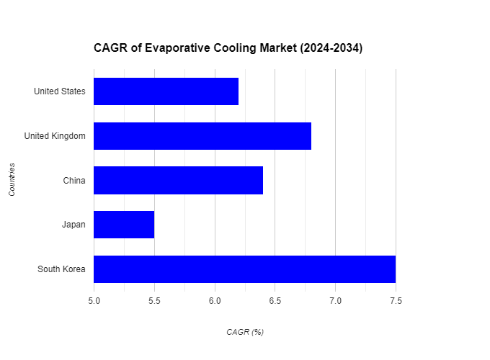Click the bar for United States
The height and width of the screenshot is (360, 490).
pos(166,91)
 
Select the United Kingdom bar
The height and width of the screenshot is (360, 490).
pos(202,136)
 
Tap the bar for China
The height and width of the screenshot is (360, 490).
pos(178,180)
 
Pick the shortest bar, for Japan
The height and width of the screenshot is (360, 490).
pos(124,225)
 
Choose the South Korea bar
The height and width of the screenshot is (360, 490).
pos(244,269)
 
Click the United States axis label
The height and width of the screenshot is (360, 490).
pos(59,91)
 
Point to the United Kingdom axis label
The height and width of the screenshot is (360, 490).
pos(55,136)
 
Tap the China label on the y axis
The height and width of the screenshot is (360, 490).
pos(74,180)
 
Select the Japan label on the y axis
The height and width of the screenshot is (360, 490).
pos(73,225)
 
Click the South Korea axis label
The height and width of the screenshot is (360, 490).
pos(61,269)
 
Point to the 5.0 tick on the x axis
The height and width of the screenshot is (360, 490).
pos(94,300)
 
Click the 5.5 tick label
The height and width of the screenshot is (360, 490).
pos(154,300)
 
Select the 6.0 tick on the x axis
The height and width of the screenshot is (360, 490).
pos(215,300)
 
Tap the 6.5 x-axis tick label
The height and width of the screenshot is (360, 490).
pos(275,300)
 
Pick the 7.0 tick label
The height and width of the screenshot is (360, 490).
pos(335,300)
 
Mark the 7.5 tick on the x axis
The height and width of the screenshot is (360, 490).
pos(396,300)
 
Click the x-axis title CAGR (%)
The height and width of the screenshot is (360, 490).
pos(245,332)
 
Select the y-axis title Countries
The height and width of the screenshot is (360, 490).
pos(12,180)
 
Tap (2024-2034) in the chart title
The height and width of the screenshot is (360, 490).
pos(328,49)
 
